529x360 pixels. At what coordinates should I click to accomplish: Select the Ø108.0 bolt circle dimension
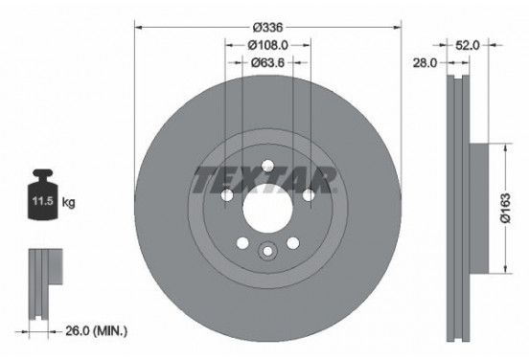pyautogui.click(x=266, y=45)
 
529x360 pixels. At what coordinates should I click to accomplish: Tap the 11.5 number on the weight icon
pyautogui.click(x=40, y=203)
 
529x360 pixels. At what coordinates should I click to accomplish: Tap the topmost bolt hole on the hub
pyautogui.click(x=266, y=160)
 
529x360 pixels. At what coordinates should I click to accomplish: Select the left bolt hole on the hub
pyautogui.click(x=226, y=197)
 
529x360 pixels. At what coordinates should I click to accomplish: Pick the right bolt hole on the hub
pyautogui.click(x=309, y=197)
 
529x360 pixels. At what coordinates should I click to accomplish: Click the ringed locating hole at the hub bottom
pyautogui.click(x=266, y=252)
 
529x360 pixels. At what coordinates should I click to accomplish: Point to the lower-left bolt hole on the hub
pyautogui.click(x=241, y=241)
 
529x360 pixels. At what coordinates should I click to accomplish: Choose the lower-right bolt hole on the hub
pyautogui.click(x=292, y=241)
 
